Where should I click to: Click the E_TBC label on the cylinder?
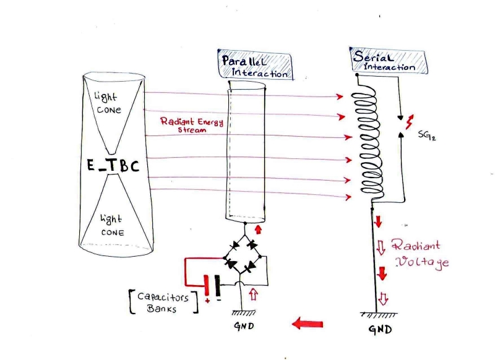coord(113,165)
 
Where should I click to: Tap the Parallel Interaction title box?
coord(255,65)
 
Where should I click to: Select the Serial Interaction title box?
coord(389,61)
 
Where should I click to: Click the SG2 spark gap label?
coord(427,135)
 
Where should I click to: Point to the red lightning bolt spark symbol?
coord(409,122)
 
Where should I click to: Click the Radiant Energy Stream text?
coord(192,125)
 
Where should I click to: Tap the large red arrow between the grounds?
coord(308,324)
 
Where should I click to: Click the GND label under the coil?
coord(381,330)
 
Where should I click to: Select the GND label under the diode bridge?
coord(244,325)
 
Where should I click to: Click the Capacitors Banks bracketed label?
coord(164,302)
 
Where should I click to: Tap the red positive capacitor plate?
coord(207,286)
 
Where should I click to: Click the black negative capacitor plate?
coord(217,286)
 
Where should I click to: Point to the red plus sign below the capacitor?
coord(207,301)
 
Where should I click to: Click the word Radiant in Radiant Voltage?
coord(416,245)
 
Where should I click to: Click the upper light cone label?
coord(107,103)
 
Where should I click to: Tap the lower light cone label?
coord(112,225)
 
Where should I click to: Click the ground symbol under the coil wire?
coord(379,315)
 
